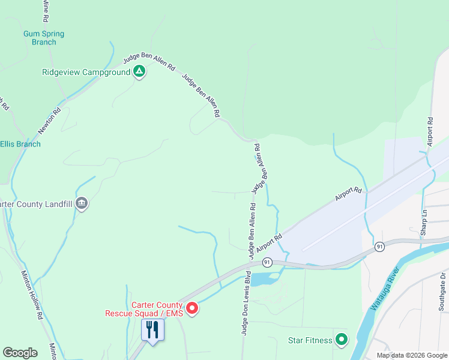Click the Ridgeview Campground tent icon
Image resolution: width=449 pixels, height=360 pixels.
point(139,72)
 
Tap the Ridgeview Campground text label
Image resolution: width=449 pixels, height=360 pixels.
point(86,73)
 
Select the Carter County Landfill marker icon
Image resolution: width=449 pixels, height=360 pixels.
point(82,204)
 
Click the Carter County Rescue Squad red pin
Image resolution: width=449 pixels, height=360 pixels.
point(192,308)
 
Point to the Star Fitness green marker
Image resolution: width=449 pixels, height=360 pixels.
point(342,340)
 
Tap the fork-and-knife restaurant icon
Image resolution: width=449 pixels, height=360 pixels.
point(152,329)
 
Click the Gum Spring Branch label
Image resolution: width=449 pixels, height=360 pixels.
point(44,38)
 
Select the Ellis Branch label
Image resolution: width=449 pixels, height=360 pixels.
point(20,144)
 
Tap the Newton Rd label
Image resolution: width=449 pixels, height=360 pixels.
point(50,120)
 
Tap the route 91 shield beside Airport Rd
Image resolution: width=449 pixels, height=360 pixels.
point(267,262)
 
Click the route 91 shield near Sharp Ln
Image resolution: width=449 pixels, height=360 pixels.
point(379,247)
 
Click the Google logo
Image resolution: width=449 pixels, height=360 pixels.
point(20,353)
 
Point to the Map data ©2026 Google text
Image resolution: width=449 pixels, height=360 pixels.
point(411,355)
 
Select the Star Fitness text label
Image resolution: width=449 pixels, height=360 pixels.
point(309,341)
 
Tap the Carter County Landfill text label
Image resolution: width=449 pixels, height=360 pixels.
point(36,204)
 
